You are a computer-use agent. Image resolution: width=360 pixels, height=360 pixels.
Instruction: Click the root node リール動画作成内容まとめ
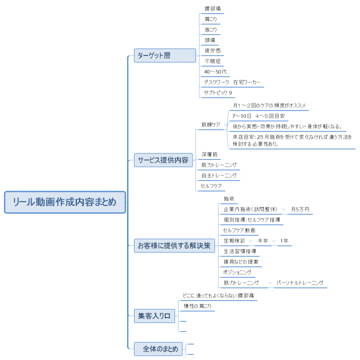pyautogui.click(x=64, y=202)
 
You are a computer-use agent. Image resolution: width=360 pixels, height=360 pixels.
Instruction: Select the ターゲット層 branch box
pyautogui.click(x=164, y=55)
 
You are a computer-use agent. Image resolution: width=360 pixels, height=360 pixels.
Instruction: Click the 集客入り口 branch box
pyautogui.click(x=154, y=315)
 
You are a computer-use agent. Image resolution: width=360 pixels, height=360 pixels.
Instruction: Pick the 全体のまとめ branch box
pyautogui.click(x=158, y=349)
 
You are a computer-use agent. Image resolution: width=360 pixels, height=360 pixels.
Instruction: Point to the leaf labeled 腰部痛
pyautogui.click(x=212, y=8)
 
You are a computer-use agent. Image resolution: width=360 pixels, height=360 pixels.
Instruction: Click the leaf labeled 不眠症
pyautogui.click(x=212, y=61)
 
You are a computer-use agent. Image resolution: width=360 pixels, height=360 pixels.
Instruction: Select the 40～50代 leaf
pyautogui.click(x=215, y=71)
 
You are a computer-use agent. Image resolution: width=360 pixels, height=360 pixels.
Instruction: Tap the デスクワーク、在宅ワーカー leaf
pyautogui.click(x=232, y=82)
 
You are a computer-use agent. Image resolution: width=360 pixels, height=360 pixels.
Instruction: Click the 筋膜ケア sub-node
pyautogui.click(x=211, y=124)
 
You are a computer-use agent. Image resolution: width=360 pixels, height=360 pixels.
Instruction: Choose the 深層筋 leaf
pyautogui.click(x=209, y=154)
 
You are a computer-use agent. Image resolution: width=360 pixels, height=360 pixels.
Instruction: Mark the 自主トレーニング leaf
pyautogui.click(x=219, y=175)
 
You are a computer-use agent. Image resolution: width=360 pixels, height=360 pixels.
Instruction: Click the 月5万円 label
pyautogui.click(x=300, y=209)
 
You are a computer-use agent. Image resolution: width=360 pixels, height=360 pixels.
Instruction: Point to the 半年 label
pyautogui.click(x=263, y=241)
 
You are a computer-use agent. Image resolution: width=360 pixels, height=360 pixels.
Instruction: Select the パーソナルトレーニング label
pyautogui.click(x=300, y=283)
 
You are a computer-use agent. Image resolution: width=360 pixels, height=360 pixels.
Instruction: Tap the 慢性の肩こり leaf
pyautogui.click(x=197, y=305)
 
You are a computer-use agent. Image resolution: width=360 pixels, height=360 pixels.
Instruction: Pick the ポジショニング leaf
pyautogui.click(x=237, y=272)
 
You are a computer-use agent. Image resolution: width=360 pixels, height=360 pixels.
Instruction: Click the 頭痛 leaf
pyautogui.click(x=210, y=40)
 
